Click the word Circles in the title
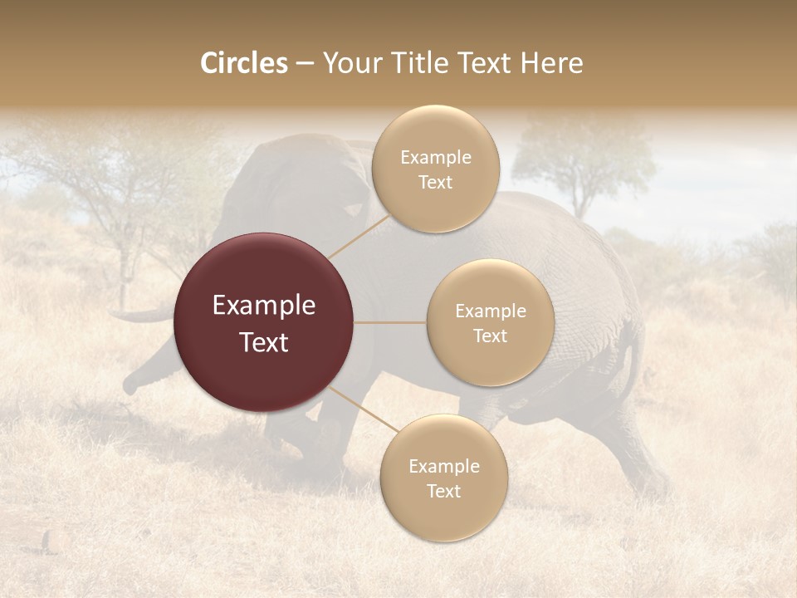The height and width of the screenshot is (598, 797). [x=243, y=63]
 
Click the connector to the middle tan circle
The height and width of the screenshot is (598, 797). [x=390, y=322]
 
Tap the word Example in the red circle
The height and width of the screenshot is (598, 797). [x=264, y=306]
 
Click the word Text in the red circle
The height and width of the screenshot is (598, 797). [x=264, y=342]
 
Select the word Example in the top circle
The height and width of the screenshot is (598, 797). [x=435, y=158]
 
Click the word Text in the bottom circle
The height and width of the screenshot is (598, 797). [x=443, y=491]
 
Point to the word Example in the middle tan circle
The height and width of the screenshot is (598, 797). [x=490, y=311]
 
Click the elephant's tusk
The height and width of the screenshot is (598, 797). [x=141, y=316]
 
